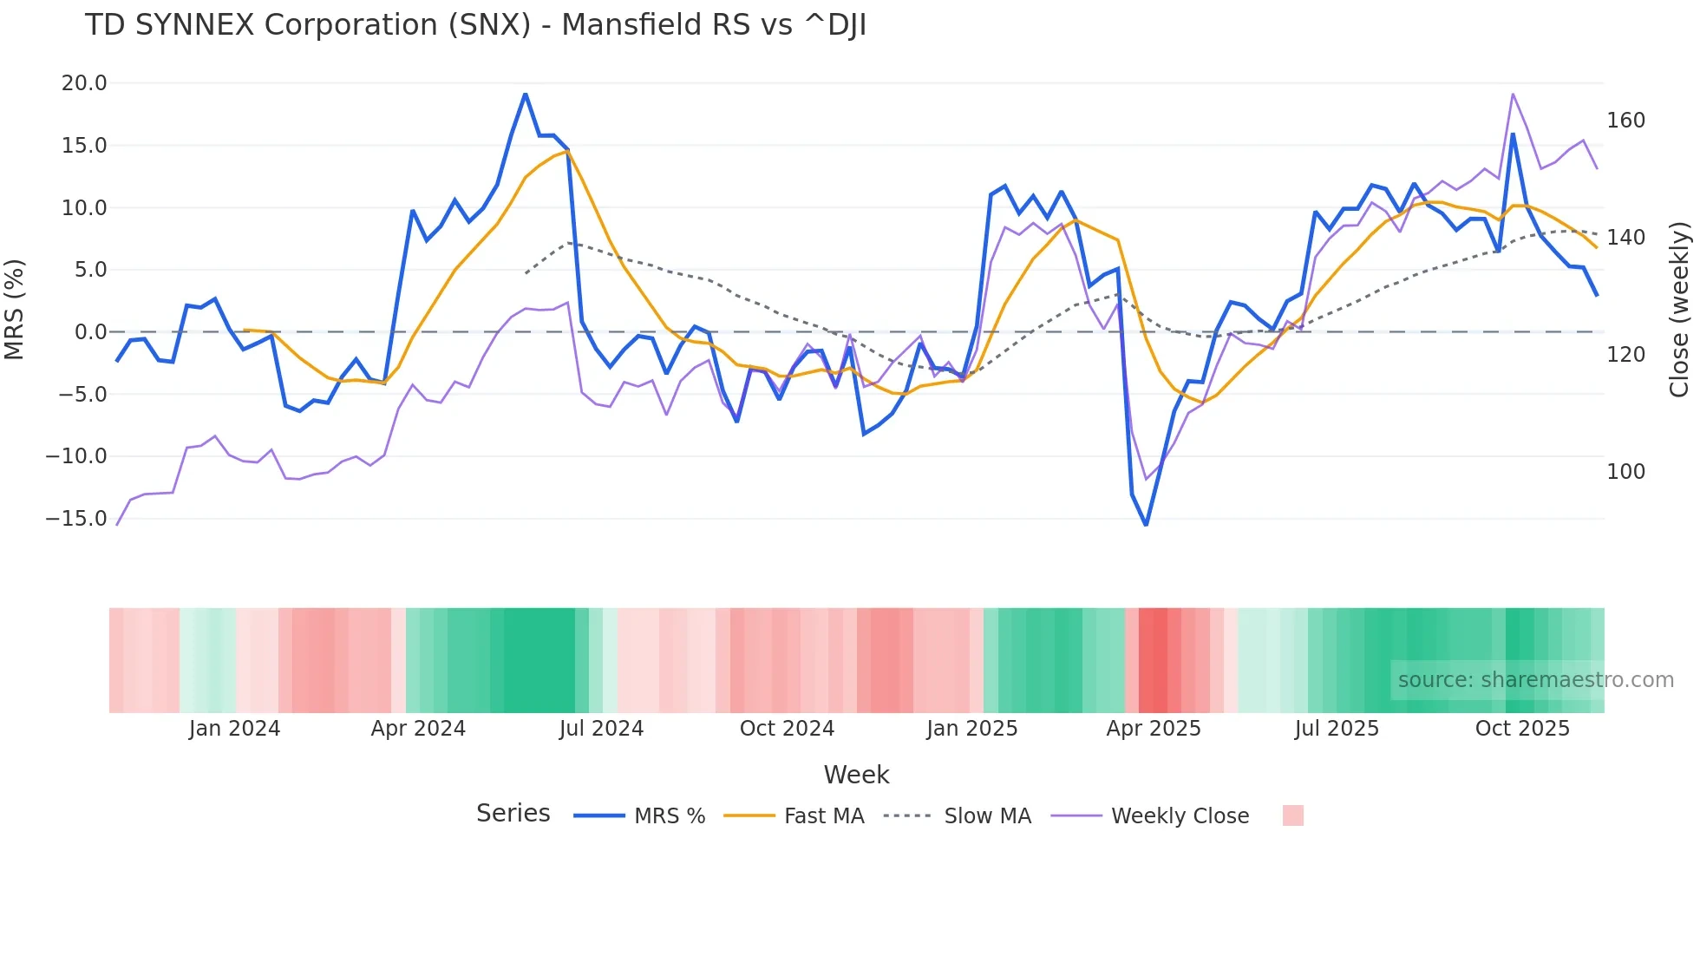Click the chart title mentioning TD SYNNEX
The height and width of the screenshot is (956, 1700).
coord(475,25)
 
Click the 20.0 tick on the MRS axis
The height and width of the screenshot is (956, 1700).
coord(83,83)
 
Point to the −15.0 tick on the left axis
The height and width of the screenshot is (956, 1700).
coord(76,519)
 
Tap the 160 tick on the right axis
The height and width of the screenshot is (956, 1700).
coord(1625,121)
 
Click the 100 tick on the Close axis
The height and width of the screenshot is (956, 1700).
coord(1625,472)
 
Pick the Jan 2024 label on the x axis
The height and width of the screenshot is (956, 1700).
coord(234,729)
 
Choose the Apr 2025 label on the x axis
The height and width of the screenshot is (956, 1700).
coord(1153,729)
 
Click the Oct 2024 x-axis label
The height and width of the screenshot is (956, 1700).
coord(787,729)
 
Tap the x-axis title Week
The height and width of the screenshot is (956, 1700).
coord(856,775)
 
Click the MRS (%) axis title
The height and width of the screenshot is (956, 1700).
coord(15,309)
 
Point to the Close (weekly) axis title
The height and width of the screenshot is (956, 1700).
coord(1679,309)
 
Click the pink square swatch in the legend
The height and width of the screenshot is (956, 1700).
coord(1292,815)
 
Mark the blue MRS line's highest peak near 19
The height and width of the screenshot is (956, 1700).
coord(526,95)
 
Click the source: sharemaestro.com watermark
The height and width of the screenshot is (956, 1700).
coord(1535,680)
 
